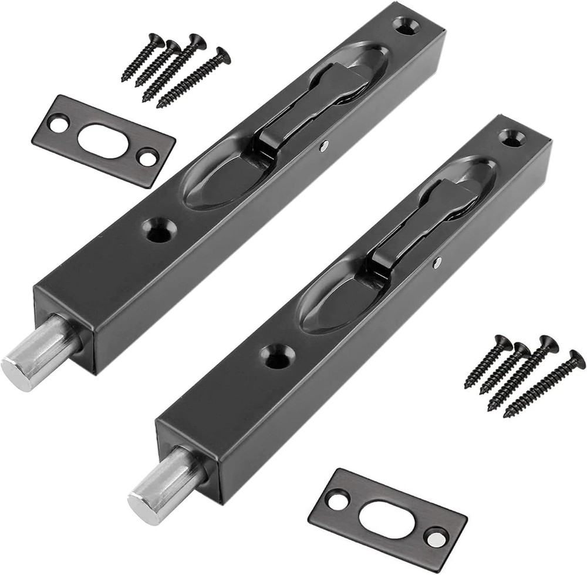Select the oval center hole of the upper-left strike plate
[102, 140]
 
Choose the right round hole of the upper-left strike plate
[146, 157]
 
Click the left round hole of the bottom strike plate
[336, 501]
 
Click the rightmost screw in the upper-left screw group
[194, 77]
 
